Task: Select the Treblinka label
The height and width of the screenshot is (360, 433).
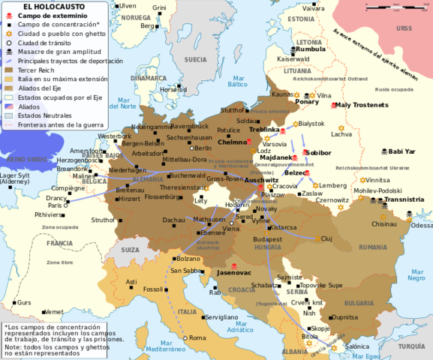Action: [264, 130]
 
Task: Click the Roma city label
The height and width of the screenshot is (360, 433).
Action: [197, 338]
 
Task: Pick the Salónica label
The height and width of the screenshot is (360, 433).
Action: [357, 346]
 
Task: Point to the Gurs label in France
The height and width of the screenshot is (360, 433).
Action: [25, 302]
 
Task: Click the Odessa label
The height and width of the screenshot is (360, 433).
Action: [422, 225]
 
